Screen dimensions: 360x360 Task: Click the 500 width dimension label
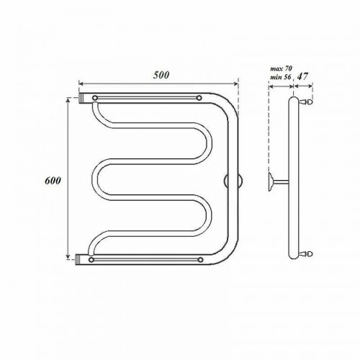[x=161, y=75]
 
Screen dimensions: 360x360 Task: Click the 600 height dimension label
[x=53, y=181]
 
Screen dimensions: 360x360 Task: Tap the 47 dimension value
[x=302, y=76]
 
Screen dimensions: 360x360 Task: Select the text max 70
[x=281, y=68]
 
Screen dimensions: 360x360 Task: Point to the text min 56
[x=280, y=77]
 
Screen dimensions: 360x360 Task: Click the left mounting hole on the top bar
[x=95, y=98]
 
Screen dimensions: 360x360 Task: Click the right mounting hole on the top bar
[x=199, y=98]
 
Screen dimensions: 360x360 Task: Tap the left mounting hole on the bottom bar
[x=91, y=260]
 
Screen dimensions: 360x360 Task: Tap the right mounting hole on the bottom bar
[x=201, y=260]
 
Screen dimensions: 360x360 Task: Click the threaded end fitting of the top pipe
[x=81, y=98]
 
